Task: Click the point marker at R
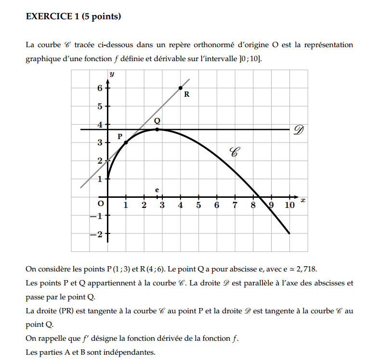[181, 88]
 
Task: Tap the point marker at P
[126, 142]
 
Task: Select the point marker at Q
[157, 129]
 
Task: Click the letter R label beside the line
[187, 95]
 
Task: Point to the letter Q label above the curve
[157, 121]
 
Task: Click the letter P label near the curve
[120, 137]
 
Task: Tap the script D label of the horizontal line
[300, 130]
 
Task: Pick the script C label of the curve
[235, 153]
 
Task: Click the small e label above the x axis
[157, 190]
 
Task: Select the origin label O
[100, 204]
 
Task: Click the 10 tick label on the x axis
[289, 206]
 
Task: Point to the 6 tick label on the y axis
[100, 88]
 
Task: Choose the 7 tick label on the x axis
[235, 206]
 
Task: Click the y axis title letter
[112, 74]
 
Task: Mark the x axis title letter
[303, 199]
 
